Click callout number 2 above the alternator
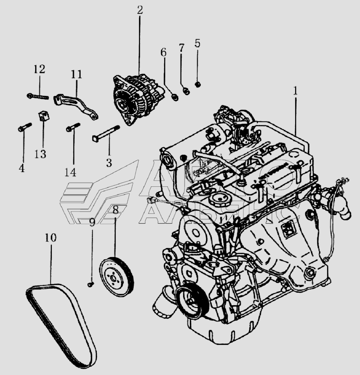tap(139, 10)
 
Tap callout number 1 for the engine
tap(296, 90)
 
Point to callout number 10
tap(51, 237)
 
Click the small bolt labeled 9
tap(90, 285)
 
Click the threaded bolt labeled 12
tap(37, 95)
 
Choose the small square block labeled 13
tap(44, 115)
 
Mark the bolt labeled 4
tap(24, 128)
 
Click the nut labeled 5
tap(198, 84)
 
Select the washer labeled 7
tap(185, 91)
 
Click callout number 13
tap(40, 154)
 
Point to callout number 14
tap(70, 172)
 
